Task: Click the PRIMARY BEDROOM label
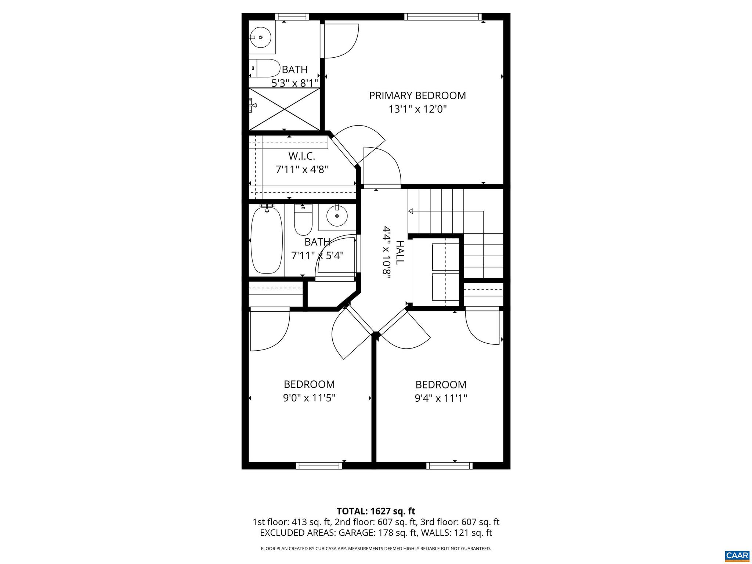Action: [x=417, y=96]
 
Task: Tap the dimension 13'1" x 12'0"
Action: [x=417, y=109]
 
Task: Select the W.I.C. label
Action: [x=301, y=156]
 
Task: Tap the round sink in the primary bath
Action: [x=261, y=37]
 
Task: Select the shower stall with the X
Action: [x=285, y=109]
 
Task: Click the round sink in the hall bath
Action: [x=337, y=216]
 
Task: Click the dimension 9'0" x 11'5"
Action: [x=309, y=398]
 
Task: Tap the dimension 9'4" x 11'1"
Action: [x=441, y=398]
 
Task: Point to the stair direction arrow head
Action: [x=411, y=211]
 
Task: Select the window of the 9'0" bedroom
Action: [x=319, y=466]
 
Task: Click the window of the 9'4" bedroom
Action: [x=449, y=466]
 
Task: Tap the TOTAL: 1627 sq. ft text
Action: [x=376, y=511]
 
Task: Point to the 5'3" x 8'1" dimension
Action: [x=294, y=83]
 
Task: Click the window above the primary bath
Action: [x=292, y=17]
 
